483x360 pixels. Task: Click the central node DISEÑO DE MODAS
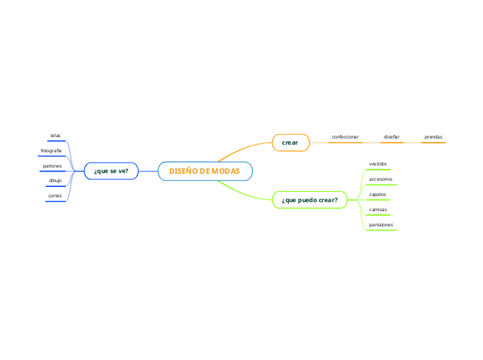pyautogui.click(x=205, y=171)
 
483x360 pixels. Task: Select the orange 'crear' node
pyautogui.click(x=290, y=143)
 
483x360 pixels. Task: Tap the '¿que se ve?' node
pyautogui.click(x=111, y=171)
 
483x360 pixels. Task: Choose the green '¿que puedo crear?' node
pyautogui.click(x=309, y=200)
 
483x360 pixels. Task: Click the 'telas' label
pyautogui.click(x=55, y=136)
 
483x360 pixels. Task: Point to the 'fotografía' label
pyautogui.click(x=51, y=151)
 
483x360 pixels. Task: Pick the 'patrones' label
pyautogui.click(x=53, y=166)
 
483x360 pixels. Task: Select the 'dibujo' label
pyautogui.click(x=55, y=181)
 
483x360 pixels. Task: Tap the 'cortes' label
pyautogui.click(x=55, y=196)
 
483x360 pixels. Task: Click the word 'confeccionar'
pyautogui.click(x=345, y=137)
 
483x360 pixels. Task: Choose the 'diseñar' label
pyautogui.click(x=392, y=137)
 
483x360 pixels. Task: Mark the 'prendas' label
pyautogui.click(x=433, y=137)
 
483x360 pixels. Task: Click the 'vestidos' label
pyautogui.click(x=378, y=164)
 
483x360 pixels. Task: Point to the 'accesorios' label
pyautogui.click(x=380, y=179)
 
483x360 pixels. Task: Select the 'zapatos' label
pyautogui.click(x=378, y=195)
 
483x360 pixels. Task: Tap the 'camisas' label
pyautogui.click(x=378, y=209)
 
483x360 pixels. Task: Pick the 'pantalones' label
pyautogui.click(x=380, y=225)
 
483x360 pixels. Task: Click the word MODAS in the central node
pyautogui.click(x=226, y=171)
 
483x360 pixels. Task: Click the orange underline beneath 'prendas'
pyautogui.click(x=433, y=143)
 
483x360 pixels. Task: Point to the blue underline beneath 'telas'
pyautogui.click(x=56, y=141)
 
